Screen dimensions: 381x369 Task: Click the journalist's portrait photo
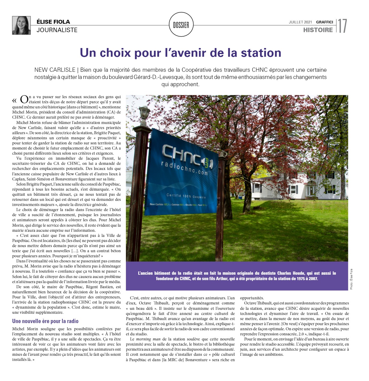pyautogui.click(x=21, y=25)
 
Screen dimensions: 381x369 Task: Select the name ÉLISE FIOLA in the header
pyautogui.click(x=53, y=22)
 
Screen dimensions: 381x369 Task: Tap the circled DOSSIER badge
pyautogui.click(x=181, y=25)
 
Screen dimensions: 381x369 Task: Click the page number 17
pyautogui.click(x=342, y=26)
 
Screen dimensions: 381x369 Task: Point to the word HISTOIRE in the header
pyautogui.click(x=318, y=30)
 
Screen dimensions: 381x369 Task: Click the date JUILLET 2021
pyautogui.click(x=300, y=22)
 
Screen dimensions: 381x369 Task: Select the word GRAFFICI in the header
pyautogui.click(x=325, y=22)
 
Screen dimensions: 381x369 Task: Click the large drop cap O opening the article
pyautogui.click(x=24, y=99)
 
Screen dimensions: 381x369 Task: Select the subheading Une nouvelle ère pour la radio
pyautogui.click(x=45, y=321)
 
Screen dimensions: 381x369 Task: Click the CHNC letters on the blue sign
pyautogui.click(x=182, y=154)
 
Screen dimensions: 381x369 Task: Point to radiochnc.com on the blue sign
pyautogui.click(x=184, y=168)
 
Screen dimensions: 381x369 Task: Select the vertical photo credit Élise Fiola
pyautogui.click(x=351, y=279)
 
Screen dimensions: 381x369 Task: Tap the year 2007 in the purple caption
pyautogui.click(x=312, y=279)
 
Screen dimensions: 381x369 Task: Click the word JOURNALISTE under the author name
pyautogui.click(x=57, y=30)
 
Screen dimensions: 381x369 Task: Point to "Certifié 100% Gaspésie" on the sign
pyautogui.click(x=186, y=196)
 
